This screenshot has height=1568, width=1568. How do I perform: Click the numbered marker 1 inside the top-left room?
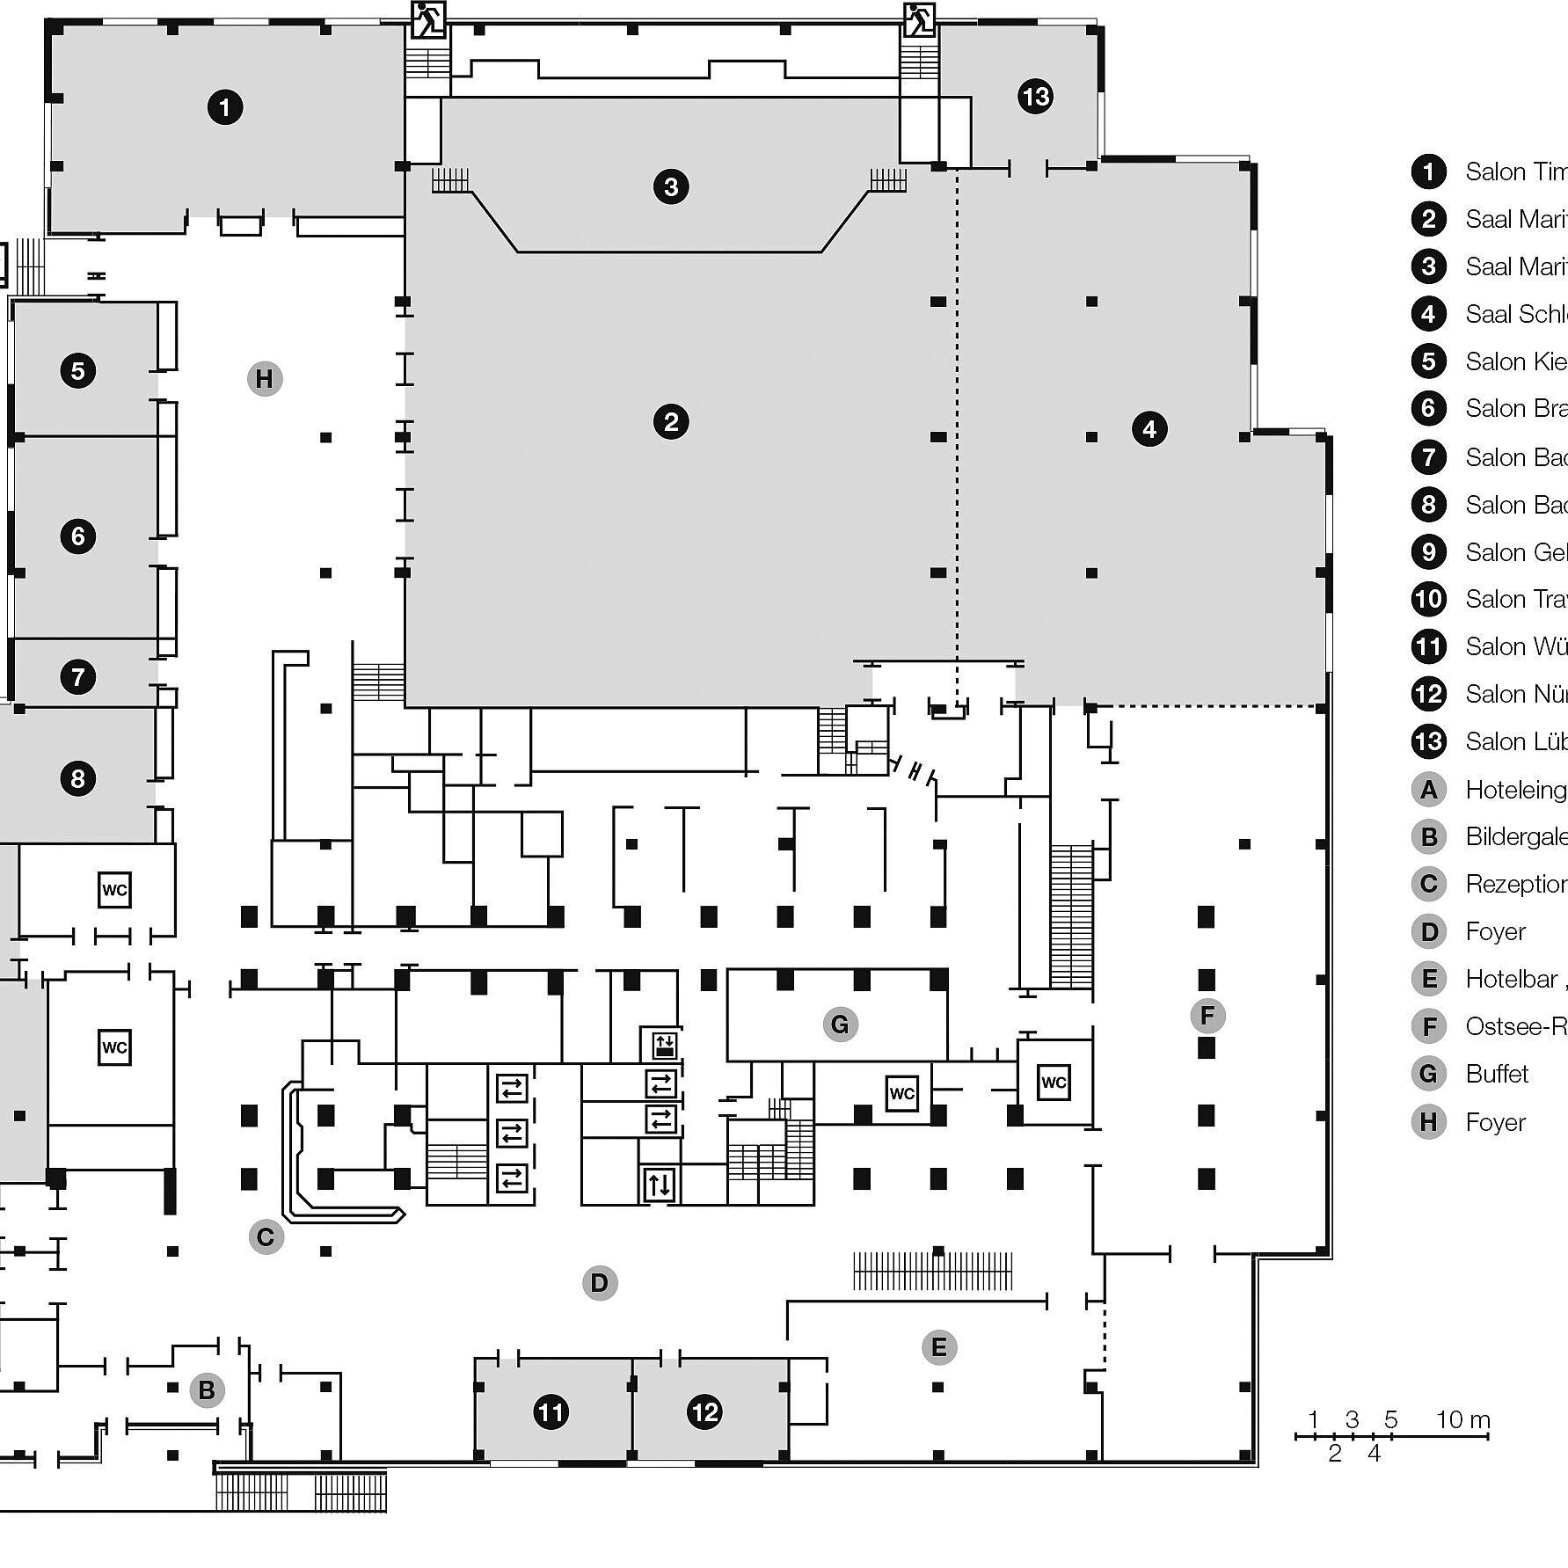(225, 107)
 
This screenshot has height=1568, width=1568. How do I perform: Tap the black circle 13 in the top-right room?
(1036, 96)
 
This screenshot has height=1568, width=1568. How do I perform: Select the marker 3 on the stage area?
(671, 186)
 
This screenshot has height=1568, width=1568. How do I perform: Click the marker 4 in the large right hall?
(1149, 429)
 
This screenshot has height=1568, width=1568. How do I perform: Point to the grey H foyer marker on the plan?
(264, 379)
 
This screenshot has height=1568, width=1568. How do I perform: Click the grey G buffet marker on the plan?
(840, 1024)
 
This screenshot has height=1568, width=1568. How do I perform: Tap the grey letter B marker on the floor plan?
(207, 1390)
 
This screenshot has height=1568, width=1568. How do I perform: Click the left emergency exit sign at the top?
(428, 18)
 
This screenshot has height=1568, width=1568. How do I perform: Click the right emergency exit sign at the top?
(919, 18)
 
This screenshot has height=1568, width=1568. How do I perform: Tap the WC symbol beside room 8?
(114, 890)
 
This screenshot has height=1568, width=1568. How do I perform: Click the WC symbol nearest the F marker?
(1054, 1082)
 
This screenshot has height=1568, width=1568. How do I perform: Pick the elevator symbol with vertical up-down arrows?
(660, 1185)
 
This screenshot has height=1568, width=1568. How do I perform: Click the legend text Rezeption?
(1515, 884)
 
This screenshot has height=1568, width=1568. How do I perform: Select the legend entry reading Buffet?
(1497, 1074)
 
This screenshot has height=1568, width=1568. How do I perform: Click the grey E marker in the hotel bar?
(938, 1347)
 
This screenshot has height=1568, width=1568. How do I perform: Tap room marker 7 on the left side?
(78, 676)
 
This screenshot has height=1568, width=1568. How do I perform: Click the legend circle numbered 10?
(1428, 599)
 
